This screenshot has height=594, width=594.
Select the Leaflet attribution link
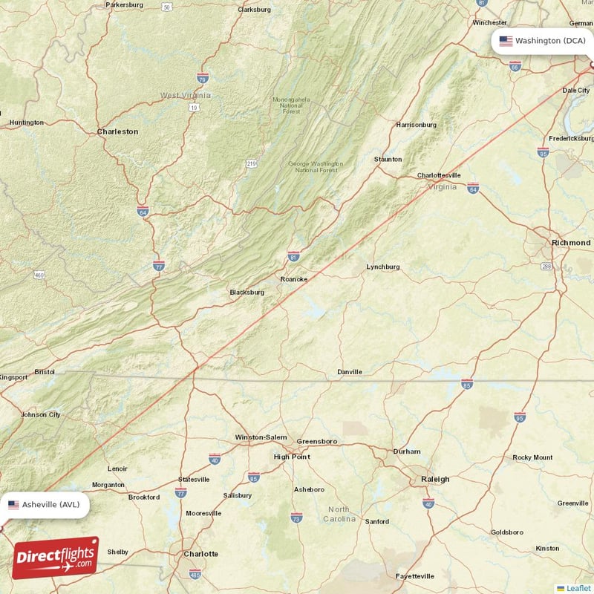point(578,588)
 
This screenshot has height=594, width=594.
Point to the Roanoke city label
point(293,279)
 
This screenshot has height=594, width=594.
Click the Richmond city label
point(570,243)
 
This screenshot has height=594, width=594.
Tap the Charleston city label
point(117,131)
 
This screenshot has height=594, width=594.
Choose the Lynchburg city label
point(383,267)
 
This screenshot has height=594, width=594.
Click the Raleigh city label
point(435,480)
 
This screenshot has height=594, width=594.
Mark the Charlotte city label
point(201,554)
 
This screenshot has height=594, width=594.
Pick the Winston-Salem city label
point(261,438)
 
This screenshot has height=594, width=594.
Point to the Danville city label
point(350,372)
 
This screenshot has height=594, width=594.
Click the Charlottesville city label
point(439,176)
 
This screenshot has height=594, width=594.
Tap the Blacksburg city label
point(247,293)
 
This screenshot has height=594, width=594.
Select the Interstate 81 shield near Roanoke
point(294,256)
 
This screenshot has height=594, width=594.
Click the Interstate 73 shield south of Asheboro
point(296,517)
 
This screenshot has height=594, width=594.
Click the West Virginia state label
point(186,95)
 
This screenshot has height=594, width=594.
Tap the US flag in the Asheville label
point(13,505)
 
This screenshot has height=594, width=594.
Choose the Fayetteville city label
point(414,576)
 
